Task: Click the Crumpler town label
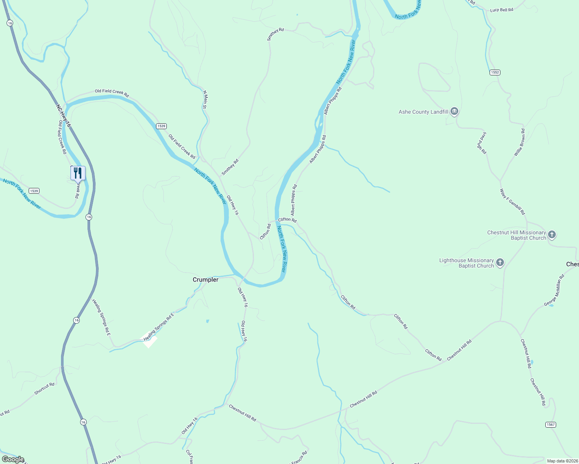pyautogui.click(x=206, y=280)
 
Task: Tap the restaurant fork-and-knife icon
pyautogui.click(x=78, y=173)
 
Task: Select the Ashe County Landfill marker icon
pyautogui.click(x=454, y=112)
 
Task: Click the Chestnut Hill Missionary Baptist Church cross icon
pyautogui.click(x=552, y=235)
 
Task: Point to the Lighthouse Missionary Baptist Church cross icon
pyautogui.click(x=500, y=263)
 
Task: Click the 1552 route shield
pyautogui.click(x=495, y=72)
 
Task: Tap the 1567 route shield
pyautogui.click(x=550, y=425)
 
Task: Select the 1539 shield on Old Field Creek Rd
pyautogui.click(x=161, y=126)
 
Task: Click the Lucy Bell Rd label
pyautogui.click(x=501, y=10)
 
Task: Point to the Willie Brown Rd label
pyautogui.click(x=519, y=143)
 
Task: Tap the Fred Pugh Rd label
pyautogui.click(x=481, y=143)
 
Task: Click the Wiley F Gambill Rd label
pyautogui.click(x=512, y=202)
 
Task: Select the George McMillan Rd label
pyautogui.click(x=554, y=290)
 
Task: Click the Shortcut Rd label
pyautogui.click(x=44, y=389)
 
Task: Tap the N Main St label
pyautogui.click(x=205, y=100)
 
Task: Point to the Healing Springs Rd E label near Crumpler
pyautogui.click(x=159, y=327)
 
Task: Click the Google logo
pyautogui.click(x=13, y=459)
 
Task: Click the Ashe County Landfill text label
pyautogui.click(x=423, y=112)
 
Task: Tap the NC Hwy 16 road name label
pyautogui.click(x=63, y=116)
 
